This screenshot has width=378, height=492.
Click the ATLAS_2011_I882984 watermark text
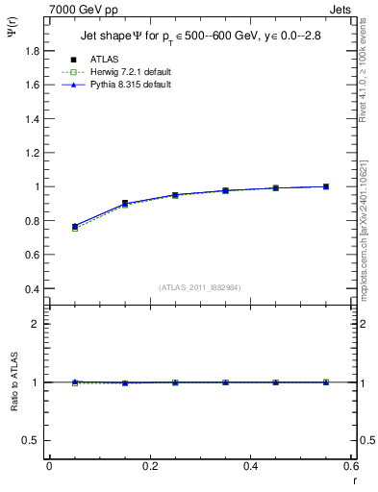point(201,287)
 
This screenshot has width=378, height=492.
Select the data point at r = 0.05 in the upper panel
point(74,227)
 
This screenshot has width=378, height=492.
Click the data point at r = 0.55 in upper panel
point(326,186)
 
